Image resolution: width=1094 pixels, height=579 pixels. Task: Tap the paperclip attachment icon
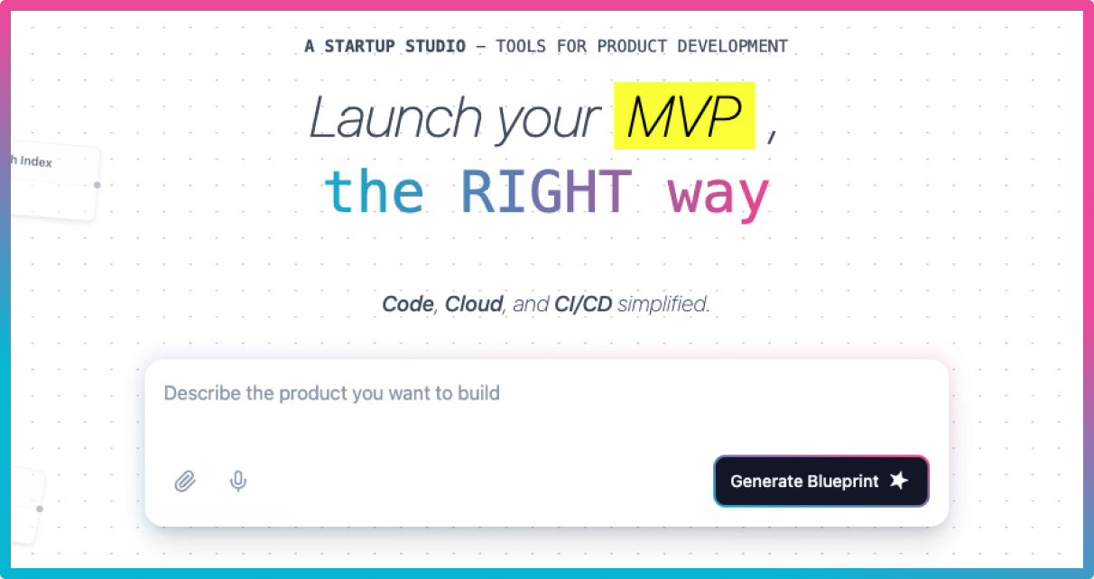pyautogui.click(x=185, y=482)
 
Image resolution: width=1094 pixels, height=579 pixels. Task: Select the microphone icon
pyautogui.click(x=238, y=481)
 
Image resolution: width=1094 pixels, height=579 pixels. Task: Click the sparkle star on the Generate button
pyautogui.click(x=898, y=481)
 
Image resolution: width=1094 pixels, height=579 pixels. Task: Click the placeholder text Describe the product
pyautogui.click(x=331, y=393)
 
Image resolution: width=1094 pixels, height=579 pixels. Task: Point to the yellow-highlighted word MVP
pyautogui.click(x=683, y=116)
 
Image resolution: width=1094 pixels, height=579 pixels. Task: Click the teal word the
pyautogui.click(x=374, y=192)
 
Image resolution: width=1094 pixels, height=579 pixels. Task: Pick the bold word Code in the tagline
pyautogui.click(x=408, y=305)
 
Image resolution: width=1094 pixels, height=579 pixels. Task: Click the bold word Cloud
pyautogui.click(x=474, y=305)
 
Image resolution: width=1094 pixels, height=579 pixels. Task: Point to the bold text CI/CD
pyautogui.click(x=583, y=305)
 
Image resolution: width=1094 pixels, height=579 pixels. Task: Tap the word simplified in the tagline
pyautogui.click(x=664, y=305)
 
